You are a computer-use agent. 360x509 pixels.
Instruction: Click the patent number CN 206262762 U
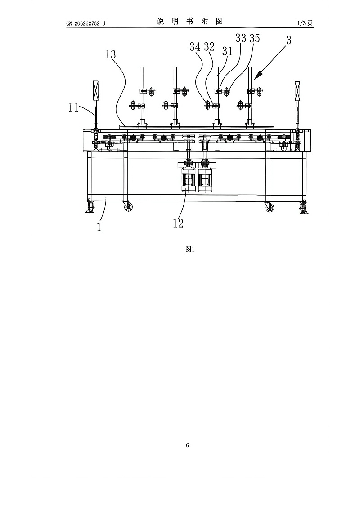pos(85,23)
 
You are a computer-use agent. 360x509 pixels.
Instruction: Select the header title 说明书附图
pos(189,22)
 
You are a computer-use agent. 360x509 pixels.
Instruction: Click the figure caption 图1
pos(189,250)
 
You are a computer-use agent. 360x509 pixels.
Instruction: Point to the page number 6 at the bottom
pos(187,446)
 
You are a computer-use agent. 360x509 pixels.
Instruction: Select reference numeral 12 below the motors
pos(178,223)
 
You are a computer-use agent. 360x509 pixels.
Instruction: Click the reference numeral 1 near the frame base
pos(99,227)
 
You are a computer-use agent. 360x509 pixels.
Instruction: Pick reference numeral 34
pos(195,46)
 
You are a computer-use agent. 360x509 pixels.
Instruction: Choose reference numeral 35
pos(254,39)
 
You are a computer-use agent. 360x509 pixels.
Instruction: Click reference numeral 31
pos(227,51)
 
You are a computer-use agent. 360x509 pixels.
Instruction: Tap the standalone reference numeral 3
pos(288,40)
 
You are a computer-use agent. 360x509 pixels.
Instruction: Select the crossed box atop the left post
pos(95,91)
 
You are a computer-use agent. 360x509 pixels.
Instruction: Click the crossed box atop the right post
pos(297,91)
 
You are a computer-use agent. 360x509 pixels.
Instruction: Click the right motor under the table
pos(205,180)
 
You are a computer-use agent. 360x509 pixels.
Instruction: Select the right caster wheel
pos(270,207)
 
